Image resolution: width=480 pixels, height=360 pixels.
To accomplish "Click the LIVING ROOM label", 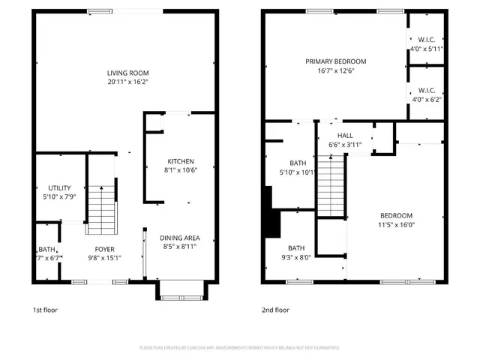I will coord(127,73).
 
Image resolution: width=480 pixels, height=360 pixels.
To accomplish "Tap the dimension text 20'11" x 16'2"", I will coord(127,82).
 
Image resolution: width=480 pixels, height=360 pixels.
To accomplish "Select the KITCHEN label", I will coord(181,161).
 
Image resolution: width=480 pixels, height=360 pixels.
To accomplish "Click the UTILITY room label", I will coord(59,187).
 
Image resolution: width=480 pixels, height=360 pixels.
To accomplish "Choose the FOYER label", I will coord(104,248).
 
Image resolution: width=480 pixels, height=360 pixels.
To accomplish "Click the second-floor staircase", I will coord(330,184).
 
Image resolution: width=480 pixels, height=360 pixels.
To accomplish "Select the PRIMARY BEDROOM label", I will coord(335,61).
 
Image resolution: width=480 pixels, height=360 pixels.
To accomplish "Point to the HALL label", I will coord(345,136).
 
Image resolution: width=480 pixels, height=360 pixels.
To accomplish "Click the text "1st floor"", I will coord(45,310).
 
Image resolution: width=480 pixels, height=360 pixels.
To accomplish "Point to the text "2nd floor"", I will coord(275,310).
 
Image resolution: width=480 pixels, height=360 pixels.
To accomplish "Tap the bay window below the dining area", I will coord(180,290).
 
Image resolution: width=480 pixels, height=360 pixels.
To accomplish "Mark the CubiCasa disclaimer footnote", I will coord(239,348).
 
